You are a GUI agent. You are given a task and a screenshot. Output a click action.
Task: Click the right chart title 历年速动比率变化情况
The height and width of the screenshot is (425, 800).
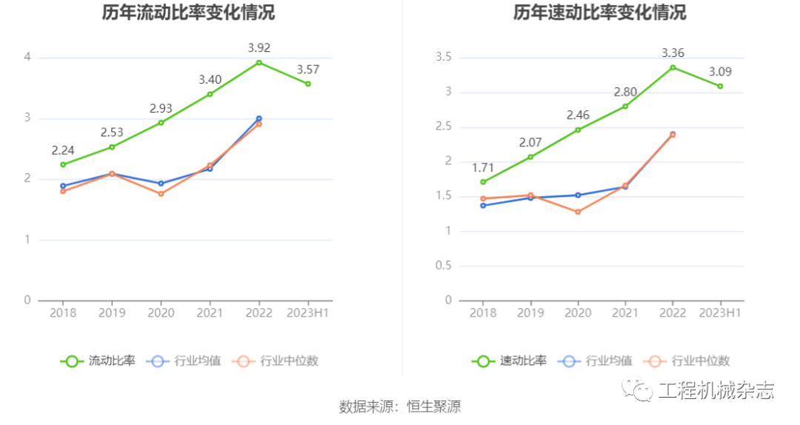(x=599, y=13)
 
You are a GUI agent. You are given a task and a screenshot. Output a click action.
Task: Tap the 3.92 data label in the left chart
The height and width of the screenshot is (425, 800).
(x=259, y=48)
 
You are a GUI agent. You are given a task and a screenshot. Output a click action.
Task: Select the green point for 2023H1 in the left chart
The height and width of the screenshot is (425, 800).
(x=308, y=84)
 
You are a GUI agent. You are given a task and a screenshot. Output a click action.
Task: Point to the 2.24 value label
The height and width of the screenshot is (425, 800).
(x=63, y=150)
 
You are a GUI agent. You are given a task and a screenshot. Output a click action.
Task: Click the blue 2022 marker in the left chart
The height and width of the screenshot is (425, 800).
(x=259, y=118)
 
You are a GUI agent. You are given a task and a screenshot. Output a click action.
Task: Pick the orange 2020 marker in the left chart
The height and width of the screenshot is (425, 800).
(x=161, y=193)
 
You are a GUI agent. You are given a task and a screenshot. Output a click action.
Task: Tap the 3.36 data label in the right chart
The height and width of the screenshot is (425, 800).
(x=672, y=53)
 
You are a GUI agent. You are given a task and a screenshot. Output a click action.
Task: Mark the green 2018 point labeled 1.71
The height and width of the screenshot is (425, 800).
(x=483, y=181)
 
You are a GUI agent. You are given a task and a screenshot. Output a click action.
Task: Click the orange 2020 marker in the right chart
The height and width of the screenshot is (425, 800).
(x=578, y=212)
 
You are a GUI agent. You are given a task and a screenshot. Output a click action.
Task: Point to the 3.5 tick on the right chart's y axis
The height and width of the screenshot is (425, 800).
(x=444, y=57)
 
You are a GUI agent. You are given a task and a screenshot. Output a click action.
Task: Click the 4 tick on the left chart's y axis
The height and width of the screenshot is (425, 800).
(x=27, y=57)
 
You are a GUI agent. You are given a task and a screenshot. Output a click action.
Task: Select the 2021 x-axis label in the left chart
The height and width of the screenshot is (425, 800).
(x=210, y=313)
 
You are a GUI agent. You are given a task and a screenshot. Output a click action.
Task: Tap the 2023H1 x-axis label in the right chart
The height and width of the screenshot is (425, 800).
(x=719, y=313)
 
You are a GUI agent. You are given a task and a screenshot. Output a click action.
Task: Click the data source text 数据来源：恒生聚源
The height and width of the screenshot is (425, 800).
(x=400, y=406)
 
